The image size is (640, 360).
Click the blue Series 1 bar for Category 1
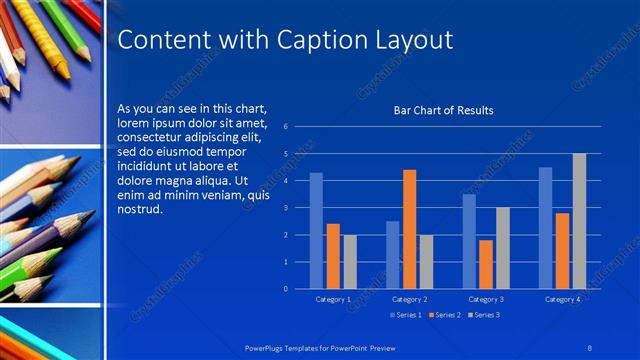tap(316, 231)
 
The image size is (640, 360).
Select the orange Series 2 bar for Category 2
tap(409, 229)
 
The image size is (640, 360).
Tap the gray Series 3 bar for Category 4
tap(579, 221)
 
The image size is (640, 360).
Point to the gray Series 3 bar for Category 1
tap(350, 262)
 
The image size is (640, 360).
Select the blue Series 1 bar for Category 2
tap(392, 255)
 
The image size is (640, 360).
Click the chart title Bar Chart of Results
tap(443, 111)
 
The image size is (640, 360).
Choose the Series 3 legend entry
tap(484, 315)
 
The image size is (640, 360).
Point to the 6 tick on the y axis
tap(286, 127)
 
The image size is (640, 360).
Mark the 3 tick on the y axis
tap(286, 208)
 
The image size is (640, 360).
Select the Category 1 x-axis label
tap(333, 299)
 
